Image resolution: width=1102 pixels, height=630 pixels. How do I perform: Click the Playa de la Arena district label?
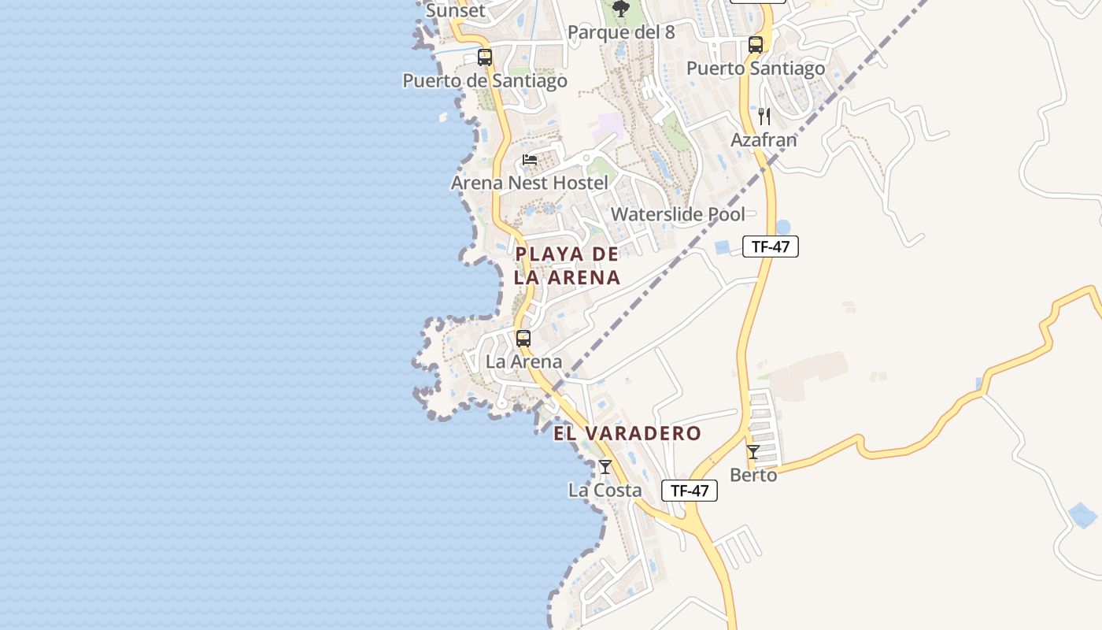tap(567, 265)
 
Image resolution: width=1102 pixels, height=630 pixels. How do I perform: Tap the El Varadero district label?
tap(627, 433)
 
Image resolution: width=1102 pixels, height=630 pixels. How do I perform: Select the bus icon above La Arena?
tap(523, 339)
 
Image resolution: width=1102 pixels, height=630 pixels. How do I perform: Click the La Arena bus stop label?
tap(523, 362)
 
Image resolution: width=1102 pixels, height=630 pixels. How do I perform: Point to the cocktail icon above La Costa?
tap(605, 467)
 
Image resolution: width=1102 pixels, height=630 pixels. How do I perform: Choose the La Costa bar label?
tap(605, 491)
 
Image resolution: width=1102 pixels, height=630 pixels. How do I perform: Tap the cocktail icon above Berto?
tap(753, 452)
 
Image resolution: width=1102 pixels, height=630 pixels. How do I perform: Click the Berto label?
tap(753, 476)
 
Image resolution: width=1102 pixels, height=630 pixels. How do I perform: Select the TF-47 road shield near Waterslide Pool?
tap(771, 246)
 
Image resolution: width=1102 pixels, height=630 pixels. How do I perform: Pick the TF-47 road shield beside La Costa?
tap(690, 491)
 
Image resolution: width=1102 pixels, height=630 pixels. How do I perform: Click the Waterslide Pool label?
tap(678, 214)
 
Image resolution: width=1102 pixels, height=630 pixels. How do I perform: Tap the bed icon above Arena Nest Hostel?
tap(530, 160)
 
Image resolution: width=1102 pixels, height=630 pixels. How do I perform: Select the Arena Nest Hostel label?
tap(530, 183)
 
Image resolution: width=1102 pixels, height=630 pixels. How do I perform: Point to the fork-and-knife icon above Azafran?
tap(764, 117)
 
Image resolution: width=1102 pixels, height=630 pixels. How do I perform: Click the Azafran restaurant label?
tap(764, 140)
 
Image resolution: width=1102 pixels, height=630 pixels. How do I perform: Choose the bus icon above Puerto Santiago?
tap(756, 45)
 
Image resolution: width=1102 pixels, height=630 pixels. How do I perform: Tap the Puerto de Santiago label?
tap(485, 81)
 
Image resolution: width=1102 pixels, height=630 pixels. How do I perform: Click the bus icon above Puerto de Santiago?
tap(485, 57)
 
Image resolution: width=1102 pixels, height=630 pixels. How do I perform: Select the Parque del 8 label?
tap(621, 32)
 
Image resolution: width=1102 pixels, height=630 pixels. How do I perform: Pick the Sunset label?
tap(456, 11)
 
